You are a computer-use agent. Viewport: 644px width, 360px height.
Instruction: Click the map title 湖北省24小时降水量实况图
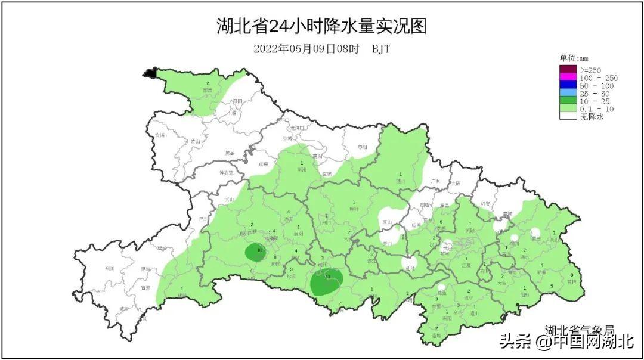[321, 26]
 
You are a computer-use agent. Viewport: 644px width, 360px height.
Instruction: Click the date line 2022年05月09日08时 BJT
[321, 49]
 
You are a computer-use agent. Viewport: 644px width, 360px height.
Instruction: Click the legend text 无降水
[592, 117]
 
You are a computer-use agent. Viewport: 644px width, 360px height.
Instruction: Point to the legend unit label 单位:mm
[574, 58]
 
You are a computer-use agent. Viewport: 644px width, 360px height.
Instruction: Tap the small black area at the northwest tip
[149, 73]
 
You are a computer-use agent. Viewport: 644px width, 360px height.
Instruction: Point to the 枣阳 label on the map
[362, 147]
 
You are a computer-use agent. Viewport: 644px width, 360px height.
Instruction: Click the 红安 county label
[486, 204]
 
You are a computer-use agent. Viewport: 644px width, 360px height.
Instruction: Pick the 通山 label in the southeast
[475, 312]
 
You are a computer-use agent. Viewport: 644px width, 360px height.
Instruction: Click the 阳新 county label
[524, 294]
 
